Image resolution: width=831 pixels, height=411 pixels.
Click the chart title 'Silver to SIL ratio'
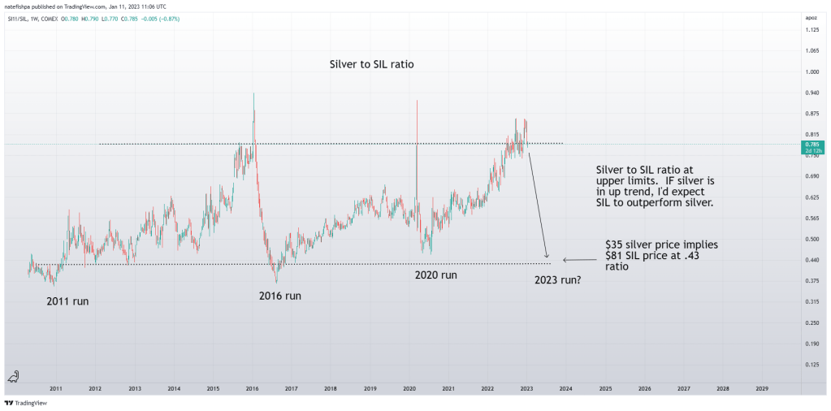tap(372, 63)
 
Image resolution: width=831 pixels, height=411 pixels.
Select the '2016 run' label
tap(275, 296)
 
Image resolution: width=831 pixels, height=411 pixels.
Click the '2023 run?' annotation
tap(563, 280)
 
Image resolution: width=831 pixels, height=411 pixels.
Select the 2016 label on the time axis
tap(252, 389)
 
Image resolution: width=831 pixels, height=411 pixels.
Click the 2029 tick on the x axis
tap(762, 389)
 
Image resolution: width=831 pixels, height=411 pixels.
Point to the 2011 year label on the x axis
tap(56, 389)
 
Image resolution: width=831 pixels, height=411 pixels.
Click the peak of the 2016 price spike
tap(254, 93)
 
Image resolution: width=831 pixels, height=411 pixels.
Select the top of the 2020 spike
tap(417, 101)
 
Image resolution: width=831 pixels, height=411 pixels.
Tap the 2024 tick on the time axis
tap(566, 389)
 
